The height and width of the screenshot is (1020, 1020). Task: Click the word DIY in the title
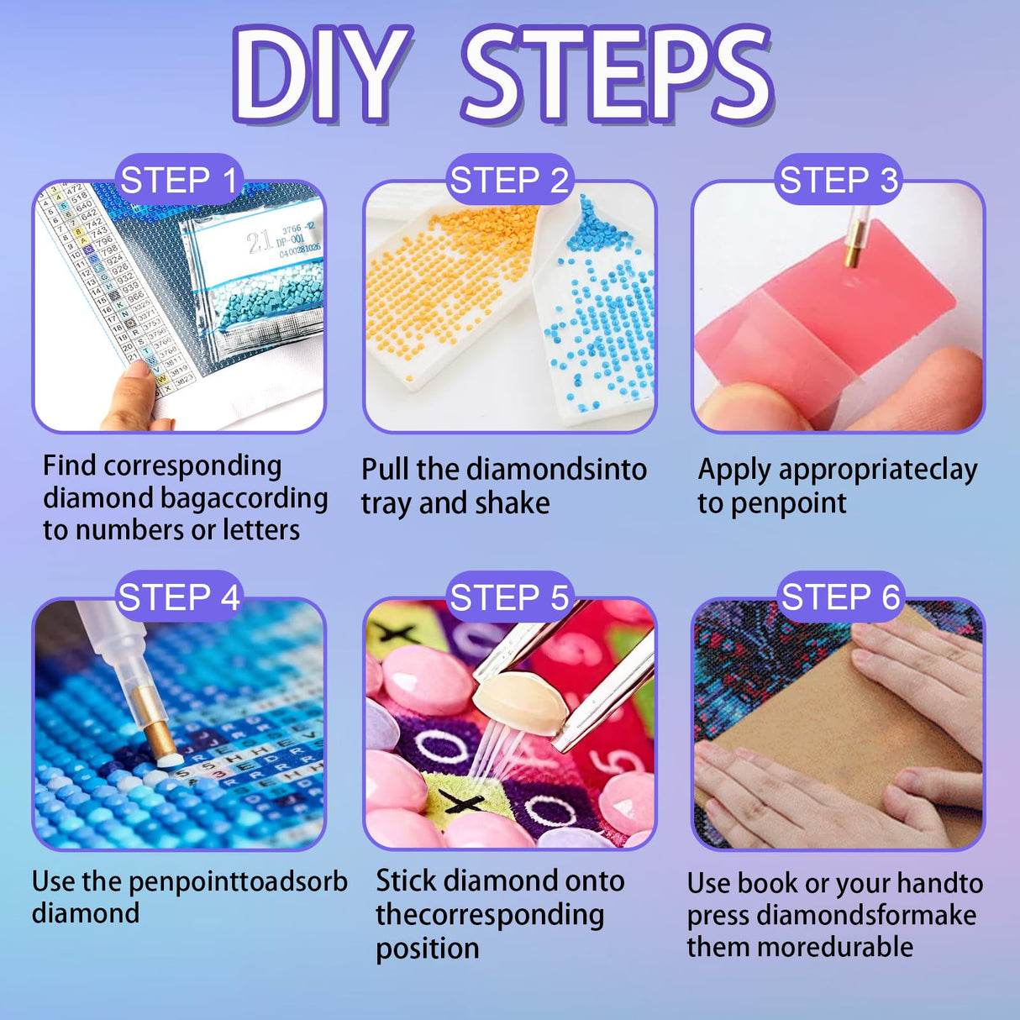(x=323, y=74)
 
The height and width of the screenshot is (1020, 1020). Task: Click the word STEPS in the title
(x=618, y=74)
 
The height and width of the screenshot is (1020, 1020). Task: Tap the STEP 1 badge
(x=179, y=180)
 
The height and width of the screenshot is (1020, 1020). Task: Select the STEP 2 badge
(x=509, y=180)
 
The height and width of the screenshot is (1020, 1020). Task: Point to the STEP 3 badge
(x=839, y=180)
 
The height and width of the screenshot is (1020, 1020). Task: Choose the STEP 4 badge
(x=179, y=597)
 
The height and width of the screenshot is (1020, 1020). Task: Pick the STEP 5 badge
(x=509, y=597)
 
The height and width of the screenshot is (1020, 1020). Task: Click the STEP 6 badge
(x=840, y=597)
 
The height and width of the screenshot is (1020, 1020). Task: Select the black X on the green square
(x=461, y=802)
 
